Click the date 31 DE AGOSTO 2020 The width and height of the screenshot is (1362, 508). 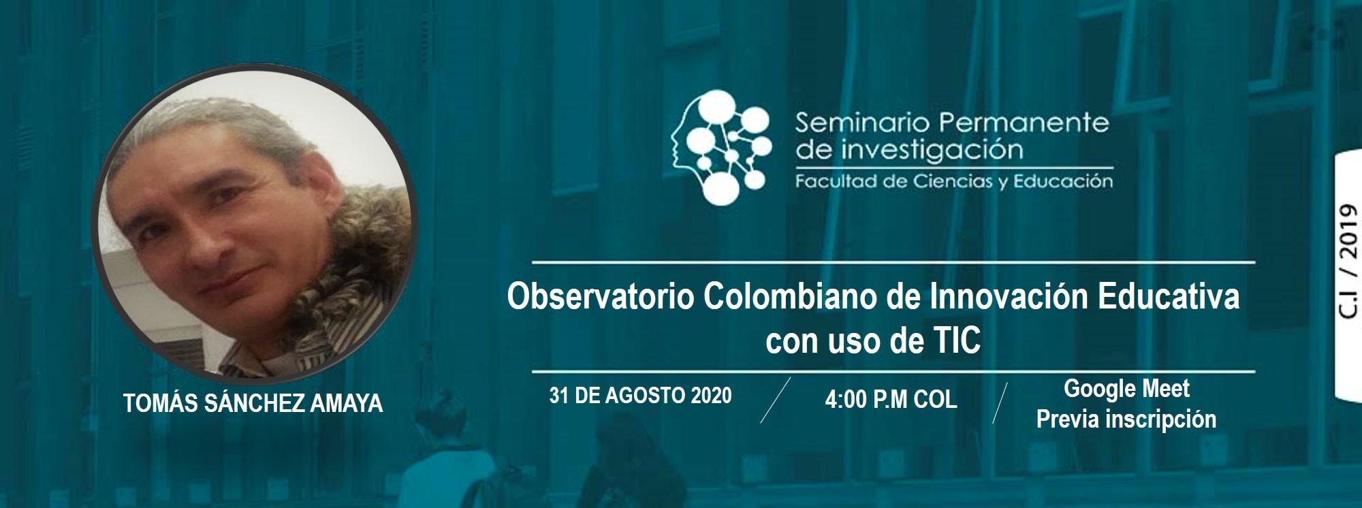[640, 396]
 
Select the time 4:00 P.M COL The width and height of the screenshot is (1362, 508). [891, 399]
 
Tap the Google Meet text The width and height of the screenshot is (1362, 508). [1127, 388]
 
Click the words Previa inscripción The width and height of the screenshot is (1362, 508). [1126, 419]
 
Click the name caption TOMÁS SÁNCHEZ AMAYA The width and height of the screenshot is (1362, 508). [253, 404]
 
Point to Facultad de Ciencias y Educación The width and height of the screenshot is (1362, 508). [954, 182]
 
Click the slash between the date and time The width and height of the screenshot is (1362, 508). [776, 400]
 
